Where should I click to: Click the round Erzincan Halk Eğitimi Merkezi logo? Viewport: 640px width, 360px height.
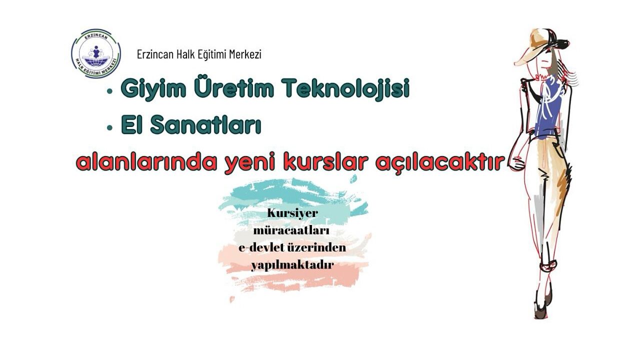pyautogui.click(x=96, y=54)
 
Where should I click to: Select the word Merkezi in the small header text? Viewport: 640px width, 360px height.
pyautogui.click(x=245, y=54)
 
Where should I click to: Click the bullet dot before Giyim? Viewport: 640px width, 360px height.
pyautogui.click(x=110, y=91)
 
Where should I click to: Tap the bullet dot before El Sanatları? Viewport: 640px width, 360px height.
pyautogui.click(x=110, y=127)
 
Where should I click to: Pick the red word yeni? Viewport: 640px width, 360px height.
pyautogui.click(x=249, y=163)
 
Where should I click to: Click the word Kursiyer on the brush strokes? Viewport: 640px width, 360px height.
pyautogui.click(x=292, y=213)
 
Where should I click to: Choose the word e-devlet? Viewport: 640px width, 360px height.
pyautogui.click(x=263, y=247)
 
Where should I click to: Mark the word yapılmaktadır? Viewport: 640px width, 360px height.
pyautogui.click(x=292, y=265)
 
